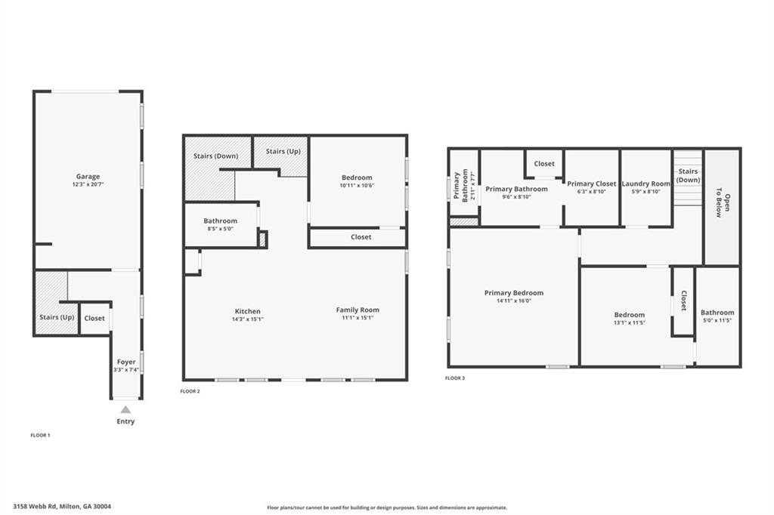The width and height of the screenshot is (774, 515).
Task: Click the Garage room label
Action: pos(88,177)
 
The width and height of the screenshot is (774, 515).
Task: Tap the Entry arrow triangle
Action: pos(125,409)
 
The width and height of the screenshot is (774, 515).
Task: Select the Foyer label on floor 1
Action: pos(125,362)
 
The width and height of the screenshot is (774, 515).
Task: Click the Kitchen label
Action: pos(247,311)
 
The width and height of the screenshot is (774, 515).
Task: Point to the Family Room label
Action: pos(358,310)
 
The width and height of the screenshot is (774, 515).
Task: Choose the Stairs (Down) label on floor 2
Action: pos(215,156)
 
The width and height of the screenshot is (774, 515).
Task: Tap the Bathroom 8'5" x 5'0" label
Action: pos(221,221)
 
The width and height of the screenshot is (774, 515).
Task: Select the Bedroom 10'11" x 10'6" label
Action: pos(357,178)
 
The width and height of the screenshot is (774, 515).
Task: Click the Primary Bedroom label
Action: pos(514,293)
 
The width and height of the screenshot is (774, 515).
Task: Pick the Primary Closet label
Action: pos(592,184)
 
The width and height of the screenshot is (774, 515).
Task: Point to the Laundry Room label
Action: pos(646,184)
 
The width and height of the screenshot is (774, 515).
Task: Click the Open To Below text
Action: pos(723,206)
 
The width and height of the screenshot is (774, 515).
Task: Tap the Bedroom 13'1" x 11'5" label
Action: pos(629,315)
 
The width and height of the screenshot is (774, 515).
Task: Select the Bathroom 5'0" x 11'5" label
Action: pos(717,313)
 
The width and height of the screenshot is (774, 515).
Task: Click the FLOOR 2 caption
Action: pos(190,391)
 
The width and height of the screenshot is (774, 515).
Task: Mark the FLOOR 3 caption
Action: pos(455,378)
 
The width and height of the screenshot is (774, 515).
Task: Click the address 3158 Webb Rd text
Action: pos(67,507)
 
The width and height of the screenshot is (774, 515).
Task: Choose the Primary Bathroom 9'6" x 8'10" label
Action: pos(516,189)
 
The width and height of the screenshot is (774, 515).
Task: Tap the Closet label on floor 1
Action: pos(94,318)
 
